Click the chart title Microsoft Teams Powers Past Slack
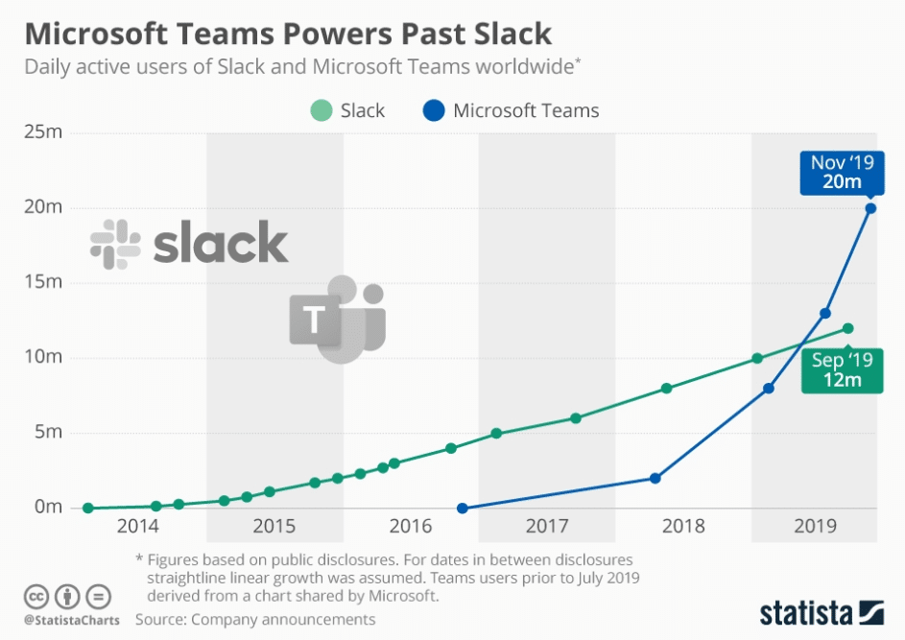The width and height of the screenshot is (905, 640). [288, 34]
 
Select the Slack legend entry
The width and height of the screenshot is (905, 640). [348, 110]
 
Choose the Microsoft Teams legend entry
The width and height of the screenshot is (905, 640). [512, 110]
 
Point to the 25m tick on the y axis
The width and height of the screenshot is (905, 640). [43, 131]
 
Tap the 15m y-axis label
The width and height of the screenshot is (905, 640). [43, 282]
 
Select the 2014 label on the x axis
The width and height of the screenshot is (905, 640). [138, 526]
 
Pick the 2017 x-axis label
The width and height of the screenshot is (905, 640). [546, 526]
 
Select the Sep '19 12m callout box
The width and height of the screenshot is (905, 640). [842, 370]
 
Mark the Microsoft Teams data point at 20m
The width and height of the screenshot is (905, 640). [870, 208]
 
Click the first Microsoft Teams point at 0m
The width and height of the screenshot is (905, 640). [463, 508]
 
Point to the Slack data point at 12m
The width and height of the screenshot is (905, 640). [847, 328]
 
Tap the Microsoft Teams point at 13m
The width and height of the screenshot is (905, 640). [825, 313]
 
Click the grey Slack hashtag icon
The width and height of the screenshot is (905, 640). [115, 243]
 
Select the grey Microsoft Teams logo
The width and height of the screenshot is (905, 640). [337, 320]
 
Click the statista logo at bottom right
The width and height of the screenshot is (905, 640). [821, 611]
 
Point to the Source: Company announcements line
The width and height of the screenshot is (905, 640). [255, 620]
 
